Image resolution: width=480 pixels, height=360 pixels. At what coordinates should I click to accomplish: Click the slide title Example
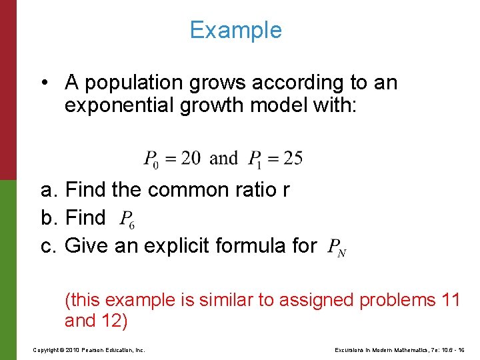point(235,30)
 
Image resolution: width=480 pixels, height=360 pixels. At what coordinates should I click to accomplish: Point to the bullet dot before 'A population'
point(43,83)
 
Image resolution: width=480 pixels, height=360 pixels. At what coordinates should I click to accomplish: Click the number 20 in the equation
point(190,158)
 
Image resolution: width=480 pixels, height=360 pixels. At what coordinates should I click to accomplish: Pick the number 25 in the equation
point(293,158)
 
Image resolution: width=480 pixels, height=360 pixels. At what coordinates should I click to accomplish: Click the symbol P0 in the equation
point(152,159)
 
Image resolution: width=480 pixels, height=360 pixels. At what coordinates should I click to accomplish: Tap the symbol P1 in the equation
point(255,159)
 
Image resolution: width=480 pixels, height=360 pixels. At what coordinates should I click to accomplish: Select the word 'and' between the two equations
point(223,158)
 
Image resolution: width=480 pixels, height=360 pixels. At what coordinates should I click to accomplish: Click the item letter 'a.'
point(49,191)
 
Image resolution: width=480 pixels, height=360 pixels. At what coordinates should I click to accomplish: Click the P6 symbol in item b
point(127,219)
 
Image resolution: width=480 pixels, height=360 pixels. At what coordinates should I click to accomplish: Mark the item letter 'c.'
point(49,246)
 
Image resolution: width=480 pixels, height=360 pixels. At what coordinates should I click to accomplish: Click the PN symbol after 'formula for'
point(337,248)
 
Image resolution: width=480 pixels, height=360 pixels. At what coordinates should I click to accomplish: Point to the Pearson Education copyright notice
point(88,349)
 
